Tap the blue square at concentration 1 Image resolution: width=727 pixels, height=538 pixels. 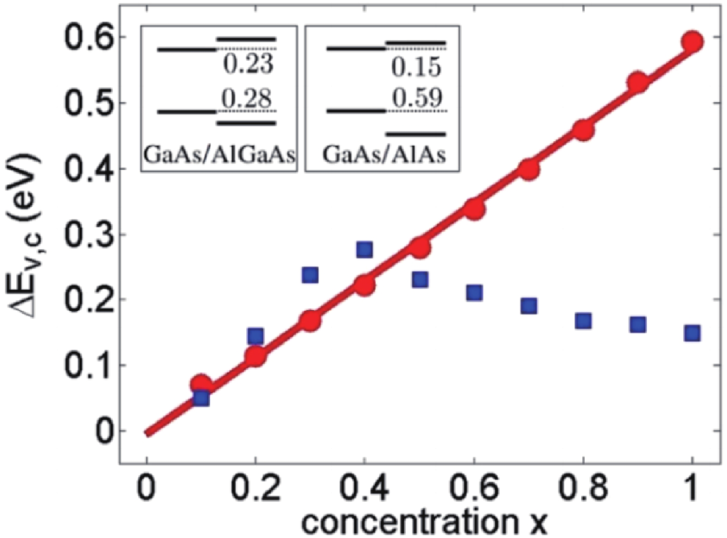[x=692, y=333]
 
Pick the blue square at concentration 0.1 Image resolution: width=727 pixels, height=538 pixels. [x=201, y=398]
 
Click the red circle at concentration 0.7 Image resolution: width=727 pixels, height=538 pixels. [x=529, y=169]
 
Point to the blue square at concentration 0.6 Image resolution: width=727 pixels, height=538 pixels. [x=474, y=293]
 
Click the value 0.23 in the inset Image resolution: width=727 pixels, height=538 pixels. [x=248, y=66]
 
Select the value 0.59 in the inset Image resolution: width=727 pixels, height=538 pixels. [x=417, y=97]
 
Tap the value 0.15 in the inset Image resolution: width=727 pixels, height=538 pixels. [x=416, y=68]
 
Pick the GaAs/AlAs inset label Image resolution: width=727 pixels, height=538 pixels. [x=384, y=155]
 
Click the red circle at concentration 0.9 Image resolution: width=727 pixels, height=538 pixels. [x=637, y=83]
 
